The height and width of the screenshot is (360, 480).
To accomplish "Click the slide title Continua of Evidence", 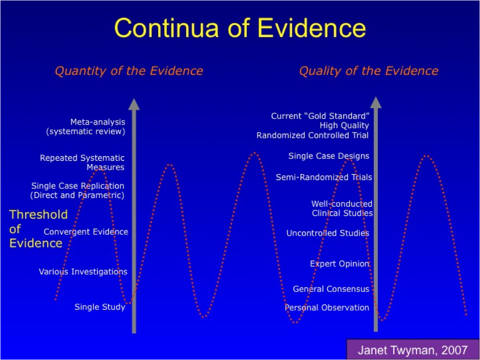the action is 240,28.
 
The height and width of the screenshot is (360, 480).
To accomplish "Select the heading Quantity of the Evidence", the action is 129,71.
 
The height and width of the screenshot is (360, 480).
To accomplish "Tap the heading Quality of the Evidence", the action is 369,71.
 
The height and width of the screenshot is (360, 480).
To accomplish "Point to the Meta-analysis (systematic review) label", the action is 86,126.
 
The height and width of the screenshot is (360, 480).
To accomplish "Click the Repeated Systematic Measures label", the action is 82,162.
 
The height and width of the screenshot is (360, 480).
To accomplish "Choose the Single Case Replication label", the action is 78,191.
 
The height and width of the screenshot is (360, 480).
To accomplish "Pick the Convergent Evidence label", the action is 86,232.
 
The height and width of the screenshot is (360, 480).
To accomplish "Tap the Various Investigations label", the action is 83,272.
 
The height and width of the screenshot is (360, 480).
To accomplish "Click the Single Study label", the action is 100,307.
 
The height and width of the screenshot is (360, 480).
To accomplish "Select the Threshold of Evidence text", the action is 38,229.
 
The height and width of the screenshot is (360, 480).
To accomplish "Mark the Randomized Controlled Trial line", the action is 313,135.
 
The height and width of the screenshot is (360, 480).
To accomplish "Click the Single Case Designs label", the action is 329,156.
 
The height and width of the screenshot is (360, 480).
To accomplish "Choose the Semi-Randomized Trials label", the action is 324,177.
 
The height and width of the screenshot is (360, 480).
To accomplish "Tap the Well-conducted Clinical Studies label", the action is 342,208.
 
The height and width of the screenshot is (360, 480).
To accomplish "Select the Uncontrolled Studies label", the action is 328,233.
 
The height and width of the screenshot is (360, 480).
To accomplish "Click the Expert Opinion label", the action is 340,264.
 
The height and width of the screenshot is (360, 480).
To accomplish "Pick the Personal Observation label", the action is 327,308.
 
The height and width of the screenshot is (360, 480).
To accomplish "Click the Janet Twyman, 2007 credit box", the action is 413,349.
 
